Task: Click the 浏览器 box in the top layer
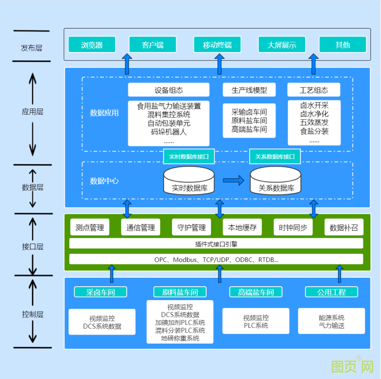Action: (x=92, y=45)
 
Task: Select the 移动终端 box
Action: (x=217, y=45)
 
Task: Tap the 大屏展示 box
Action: (x=282, y=45)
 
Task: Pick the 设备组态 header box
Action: (x=169, y=90)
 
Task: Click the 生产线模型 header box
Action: (x=249, y=90)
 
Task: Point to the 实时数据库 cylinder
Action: (x=189, y=181)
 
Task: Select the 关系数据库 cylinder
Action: (x=276, y=181)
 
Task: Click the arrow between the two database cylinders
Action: (x=233, y=180)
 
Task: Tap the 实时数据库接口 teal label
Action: (x=189, y=156)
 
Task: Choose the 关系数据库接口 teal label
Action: (x=275, y=156)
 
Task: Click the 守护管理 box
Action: (x=192, y=227)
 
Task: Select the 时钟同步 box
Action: (x=293, y=227)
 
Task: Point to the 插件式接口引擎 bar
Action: (x=216, y=244)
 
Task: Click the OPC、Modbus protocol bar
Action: (x=216, y=259)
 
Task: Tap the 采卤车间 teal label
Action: (x=100, y=292)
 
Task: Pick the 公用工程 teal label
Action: (x=331, y=292)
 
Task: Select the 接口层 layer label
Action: (x=32, y=246)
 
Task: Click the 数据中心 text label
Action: (x=104, y=181)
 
